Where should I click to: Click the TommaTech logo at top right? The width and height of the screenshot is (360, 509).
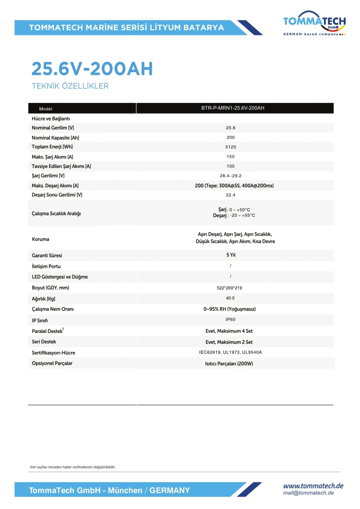pyautogui.click(x=314, y=24)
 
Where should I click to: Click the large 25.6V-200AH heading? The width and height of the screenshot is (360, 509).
pyautogui.click(x=92, y=69)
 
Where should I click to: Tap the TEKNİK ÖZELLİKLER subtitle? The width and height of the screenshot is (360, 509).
pyautogui.click(x=70, y=86)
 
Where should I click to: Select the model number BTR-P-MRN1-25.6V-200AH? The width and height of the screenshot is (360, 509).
pyautogui.click(x=233, y=108)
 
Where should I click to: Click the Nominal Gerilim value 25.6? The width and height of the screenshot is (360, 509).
pyautogui.click(x=231, y=128)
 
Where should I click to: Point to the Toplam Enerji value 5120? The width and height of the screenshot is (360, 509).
pyautogui.click(x=231, y=147)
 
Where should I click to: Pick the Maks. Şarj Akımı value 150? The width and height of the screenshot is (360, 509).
pyautogui.click(x=231, y=156)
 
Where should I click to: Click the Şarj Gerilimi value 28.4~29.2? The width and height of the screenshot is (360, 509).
pyautogui.click(x=231, y=176)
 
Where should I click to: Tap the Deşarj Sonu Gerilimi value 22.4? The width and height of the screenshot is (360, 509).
pyautogui.click(x=231, y=195)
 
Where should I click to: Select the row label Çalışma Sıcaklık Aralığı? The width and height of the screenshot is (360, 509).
pyautogui.click(x=56, y=213)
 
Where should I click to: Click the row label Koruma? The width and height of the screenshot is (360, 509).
pyautogui.click(x=40, y=239)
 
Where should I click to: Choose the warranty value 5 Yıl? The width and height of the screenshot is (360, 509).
pyautogui.click(x=231, y=255)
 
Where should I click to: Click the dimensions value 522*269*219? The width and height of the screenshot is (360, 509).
pyautogui.click(x=229, y=288)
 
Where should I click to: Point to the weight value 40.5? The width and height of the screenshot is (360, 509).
pyautogui.click(x=230, y=298)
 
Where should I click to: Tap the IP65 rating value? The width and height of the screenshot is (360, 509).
pyautogui.click(x=231, y=320)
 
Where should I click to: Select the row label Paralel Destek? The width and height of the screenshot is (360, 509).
pyautogui.click(x=47, y=331)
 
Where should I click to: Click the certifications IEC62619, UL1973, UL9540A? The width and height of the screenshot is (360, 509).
pyautogui.click(x=230, y=352)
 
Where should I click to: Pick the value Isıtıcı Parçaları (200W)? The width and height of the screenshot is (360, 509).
pyautogui.click(x=229, y=363)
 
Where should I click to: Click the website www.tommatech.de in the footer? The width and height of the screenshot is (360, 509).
pyautogui.click(x=313, y=486)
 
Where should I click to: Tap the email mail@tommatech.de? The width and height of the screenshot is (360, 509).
pyautogui.click(x=308, y=493)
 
